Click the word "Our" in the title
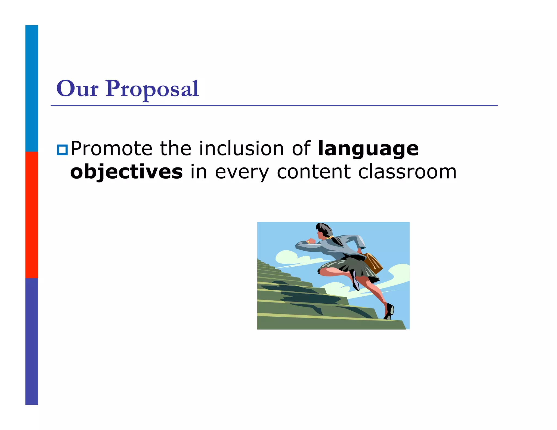click(x=77, y=89)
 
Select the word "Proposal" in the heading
click(x=152, y=89)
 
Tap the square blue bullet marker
click(x=62, y=150)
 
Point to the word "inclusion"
click(x=242, y=149)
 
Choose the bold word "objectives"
click(x=126, y=172)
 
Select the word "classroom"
click(x=407, y=172)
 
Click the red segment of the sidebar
click(x=32, y=215)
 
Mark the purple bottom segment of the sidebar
click(x=32, y=341)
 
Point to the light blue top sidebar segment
click(x=32, y=88)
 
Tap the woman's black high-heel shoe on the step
click(x=389, y=311)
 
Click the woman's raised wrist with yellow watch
click(x=308, y=242)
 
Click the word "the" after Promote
click(x=175, y=149)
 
